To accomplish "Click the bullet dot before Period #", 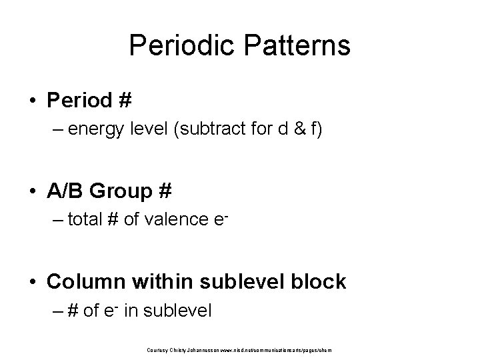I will coord(33,102).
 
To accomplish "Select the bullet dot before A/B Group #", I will coord(33,192).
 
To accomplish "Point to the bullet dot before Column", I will coord(33,282).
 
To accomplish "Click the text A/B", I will coord(65,192).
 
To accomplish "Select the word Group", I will coord(122,192).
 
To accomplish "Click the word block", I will coord(319,282).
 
